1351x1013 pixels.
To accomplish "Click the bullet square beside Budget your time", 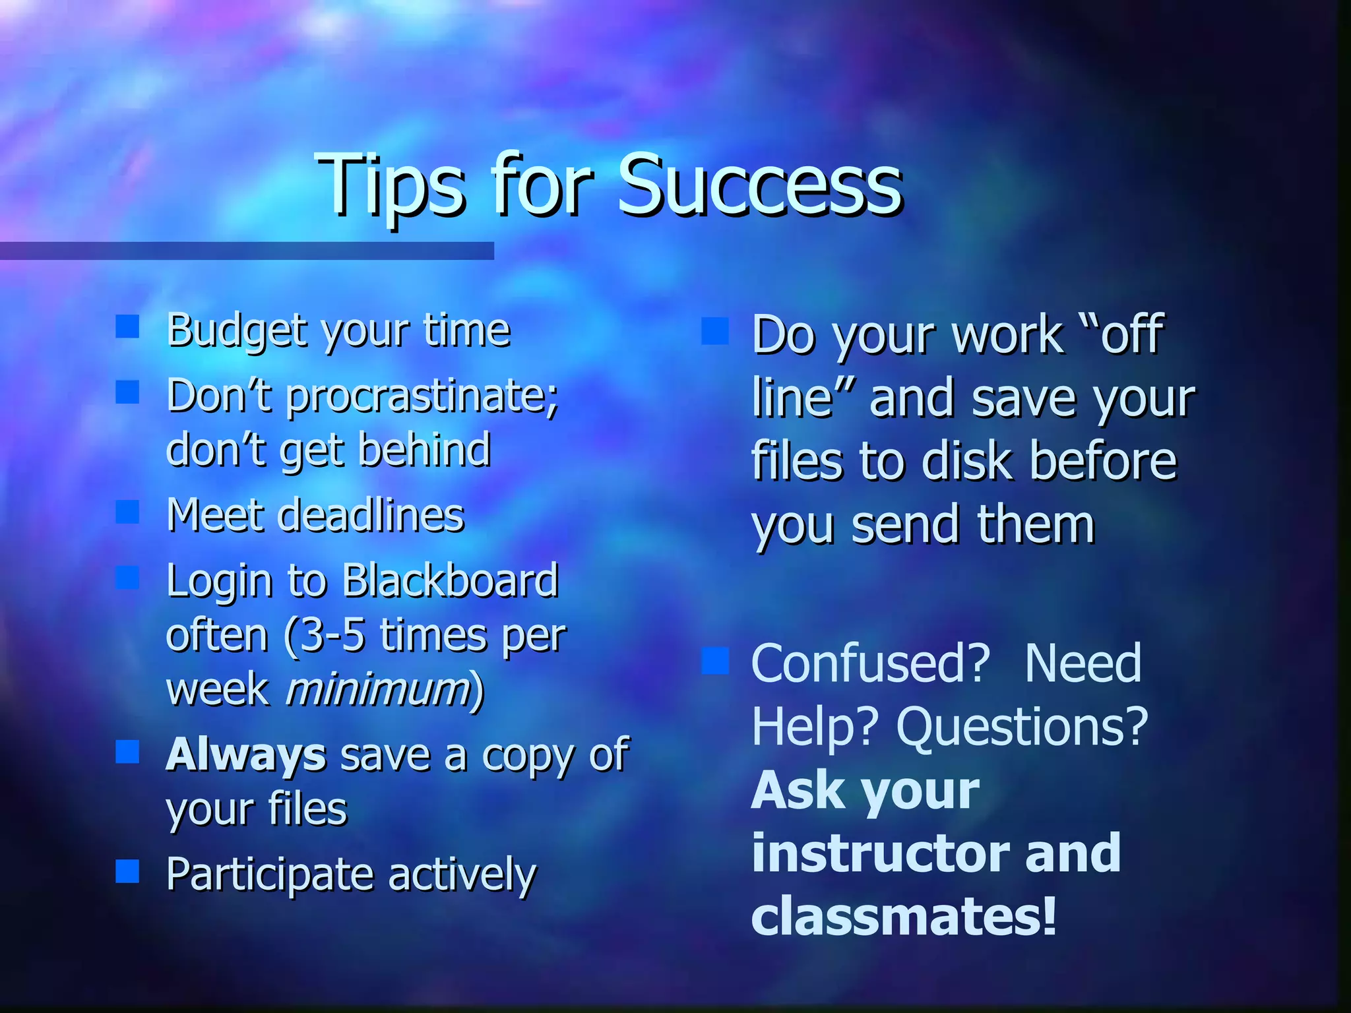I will [x=127, y=326].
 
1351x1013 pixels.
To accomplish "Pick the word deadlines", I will [x=371, y=516].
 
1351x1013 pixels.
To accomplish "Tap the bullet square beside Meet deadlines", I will [x=127, y=512].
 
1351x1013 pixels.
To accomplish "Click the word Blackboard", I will [x=450, y=582].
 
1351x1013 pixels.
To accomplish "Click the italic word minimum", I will [x=378, y=690].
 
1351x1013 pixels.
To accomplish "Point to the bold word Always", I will [x=246, y=756].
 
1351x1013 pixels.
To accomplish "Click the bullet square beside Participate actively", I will [x=127, y=871].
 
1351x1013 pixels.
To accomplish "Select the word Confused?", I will [x=871, y=663].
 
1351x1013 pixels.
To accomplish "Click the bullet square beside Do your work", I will [x=715, y=332].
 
